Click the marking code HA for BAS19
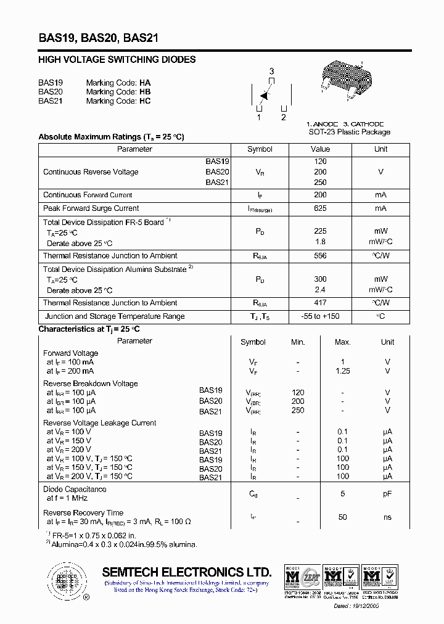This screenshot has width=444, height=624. [145, 83]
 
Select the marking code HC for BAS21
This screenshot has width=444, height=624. [145, 101]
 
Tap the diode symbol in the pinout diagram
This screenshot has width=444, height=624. [265, 96]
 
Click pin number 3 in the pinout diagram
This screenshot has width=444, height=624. [271, 72]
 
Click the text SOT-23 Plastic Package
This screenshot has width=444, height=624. [349, 132]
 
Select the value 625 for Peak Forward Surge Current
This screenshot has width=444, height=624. [320, 208]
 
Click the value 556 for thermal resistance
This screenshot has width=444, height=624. [320, 256]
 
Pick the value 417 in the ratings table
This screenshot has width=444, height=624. [320, 303]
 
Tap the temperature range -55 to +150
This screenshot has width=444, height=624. [320, 316]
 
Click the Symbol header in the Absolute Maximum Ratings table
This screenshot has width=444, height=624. [260, 149]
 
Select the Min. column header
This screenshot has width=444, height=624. [298, 342]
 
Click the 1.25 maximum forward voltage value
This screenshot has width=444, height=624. [342, 371]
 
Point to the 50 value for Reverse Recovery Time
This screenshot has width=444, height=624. [342, 517]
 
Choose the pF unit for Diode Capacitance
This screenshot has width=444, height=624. [387, 494]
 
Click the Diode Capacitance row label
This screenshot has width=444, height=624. [75, 490]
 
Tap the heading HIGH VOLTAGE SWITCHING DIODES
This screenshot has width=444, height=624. [117, 60]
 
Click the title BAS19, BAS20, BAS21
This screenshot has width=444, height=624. [99, 38]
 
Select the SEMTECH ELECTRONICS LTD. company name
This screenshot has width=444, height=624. [186, 572]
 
